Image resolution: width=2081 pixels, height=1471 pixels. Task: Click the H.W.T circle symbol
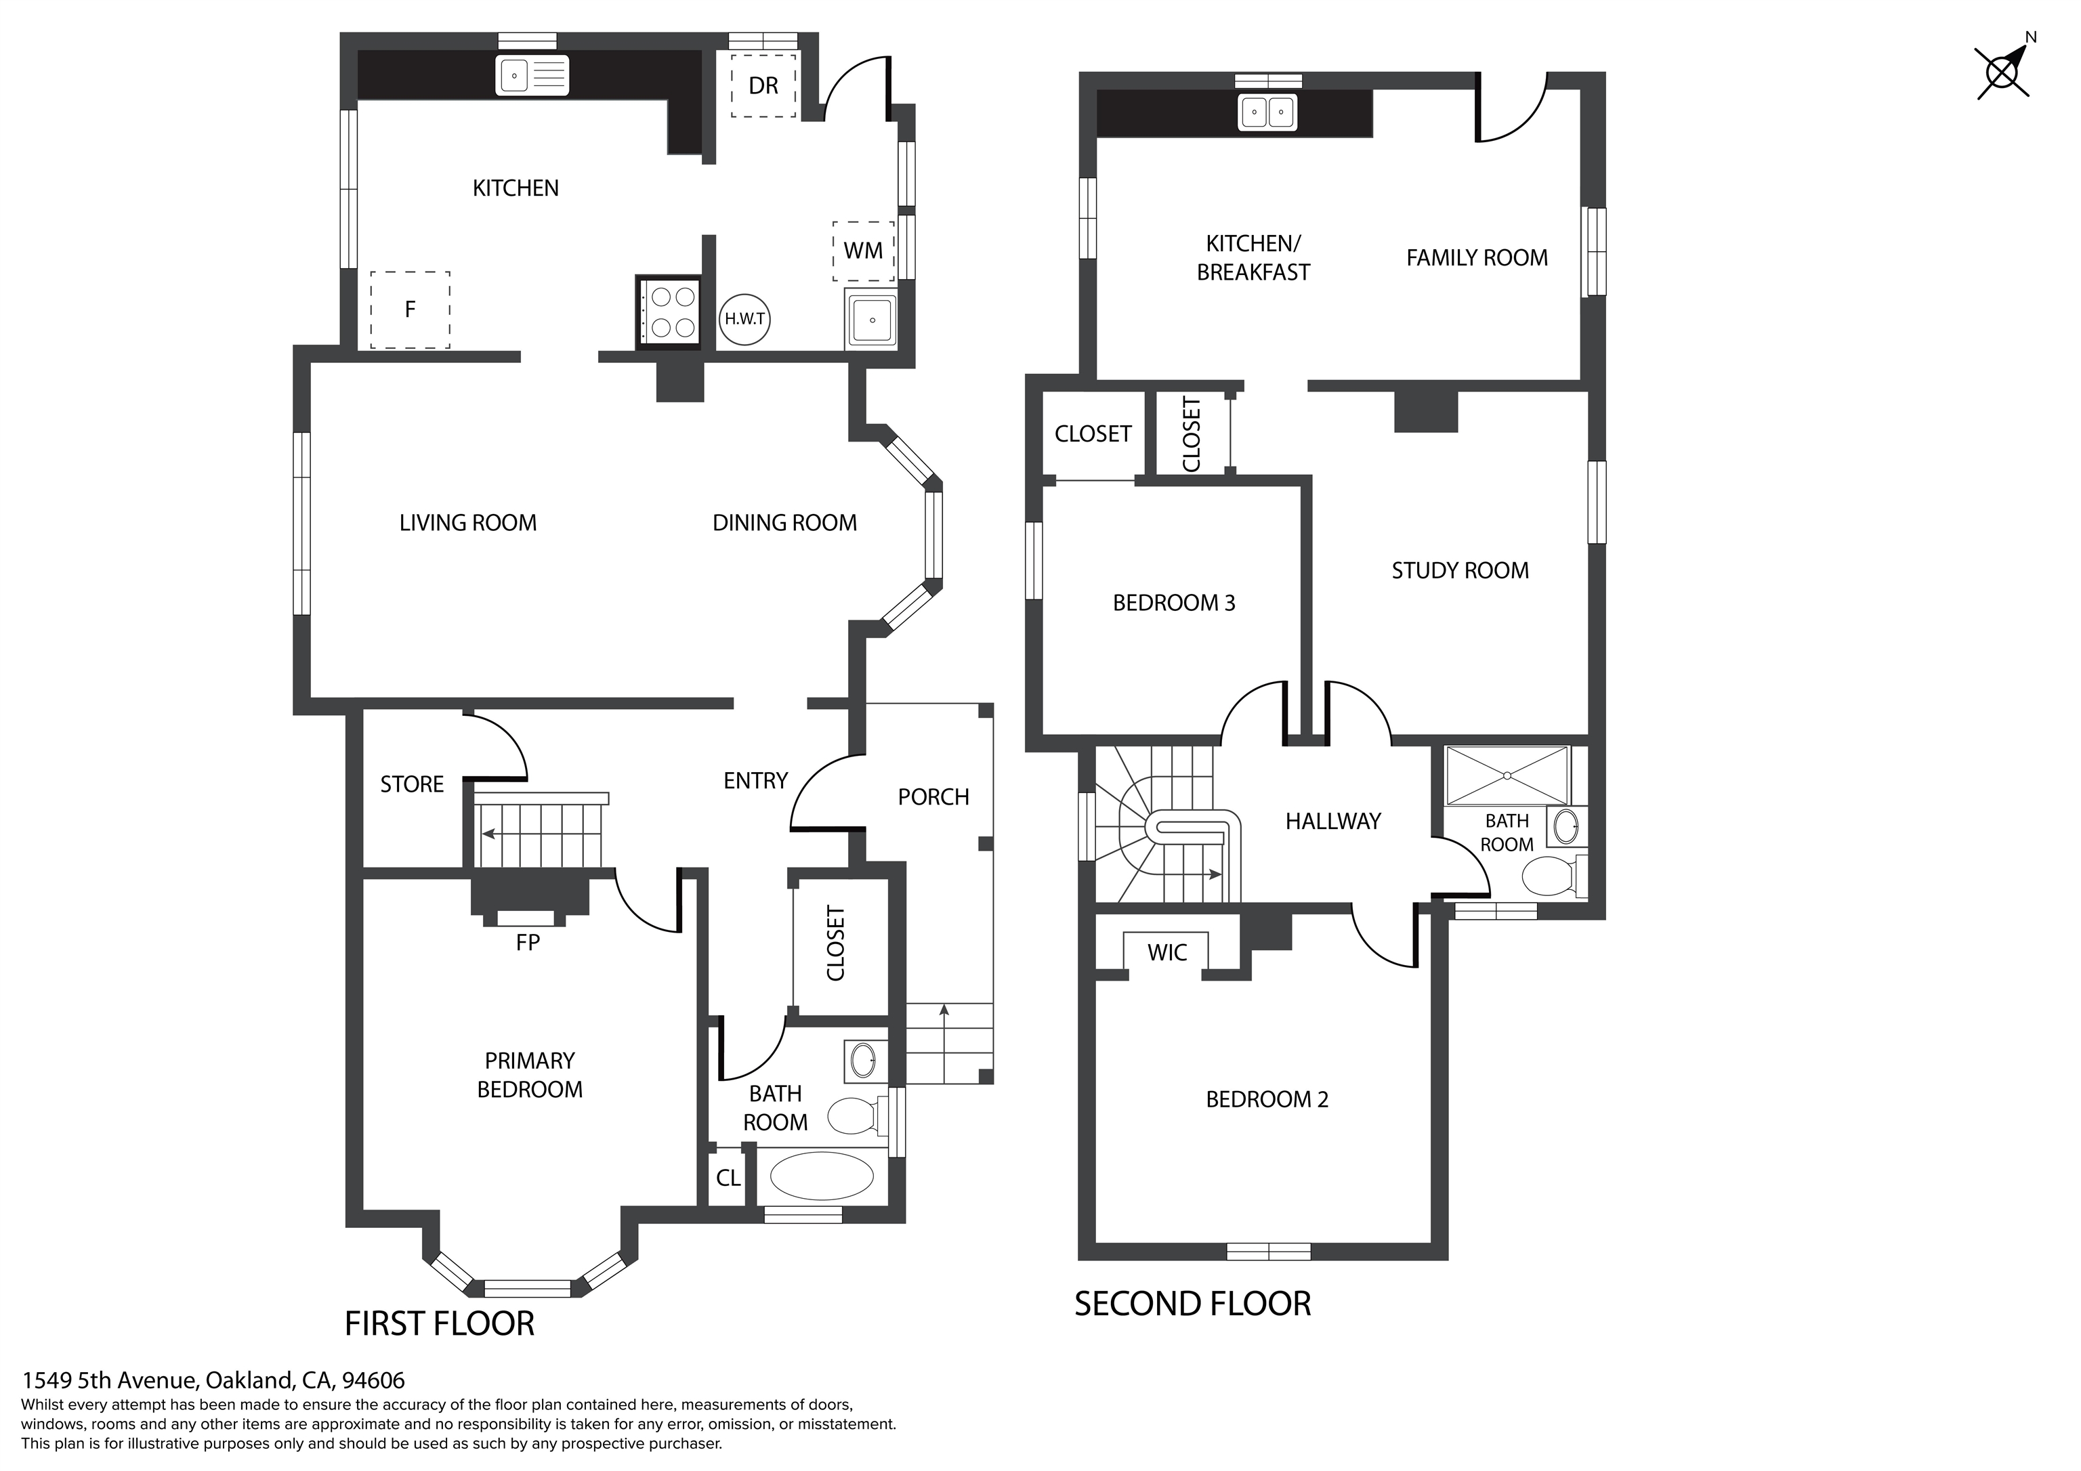[x=744, y=319]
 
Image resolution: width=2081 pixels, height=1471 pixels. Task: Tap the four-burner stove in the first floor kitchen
[x=669, y=312]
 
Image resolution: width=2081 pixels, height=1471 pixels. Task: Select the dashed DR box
[x=763, y=85]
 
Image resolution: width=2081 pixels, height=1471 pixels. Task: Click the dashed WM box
[x=863, y=251]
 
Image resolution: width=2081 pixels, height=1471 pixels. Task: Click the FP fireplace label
[x=528, y=943]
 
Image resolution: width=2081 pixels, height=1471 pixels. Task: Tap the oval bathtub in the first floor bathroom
[x=821, y=1176]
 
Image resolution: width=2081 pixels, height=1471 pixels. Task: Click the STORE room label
[x=411, y=784]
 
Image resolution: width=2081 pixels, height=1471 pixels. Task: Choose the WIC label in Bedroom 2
[x=1166, y=953]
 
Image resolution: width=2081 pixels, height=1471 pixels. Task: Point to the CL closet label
[x=728, y=1178]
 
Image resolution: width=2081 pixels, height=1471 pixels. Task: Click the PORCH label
[x=933, y=796]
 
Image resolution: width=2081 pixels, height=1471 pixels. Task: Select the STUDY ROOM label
[x=1459, y=570]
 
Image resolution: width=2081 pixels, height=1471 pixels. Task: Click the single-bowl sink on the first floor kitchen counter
[x=532, y=75]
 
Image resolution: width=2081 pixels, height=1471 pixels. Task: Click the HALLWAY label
[x=1332, y=821]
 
